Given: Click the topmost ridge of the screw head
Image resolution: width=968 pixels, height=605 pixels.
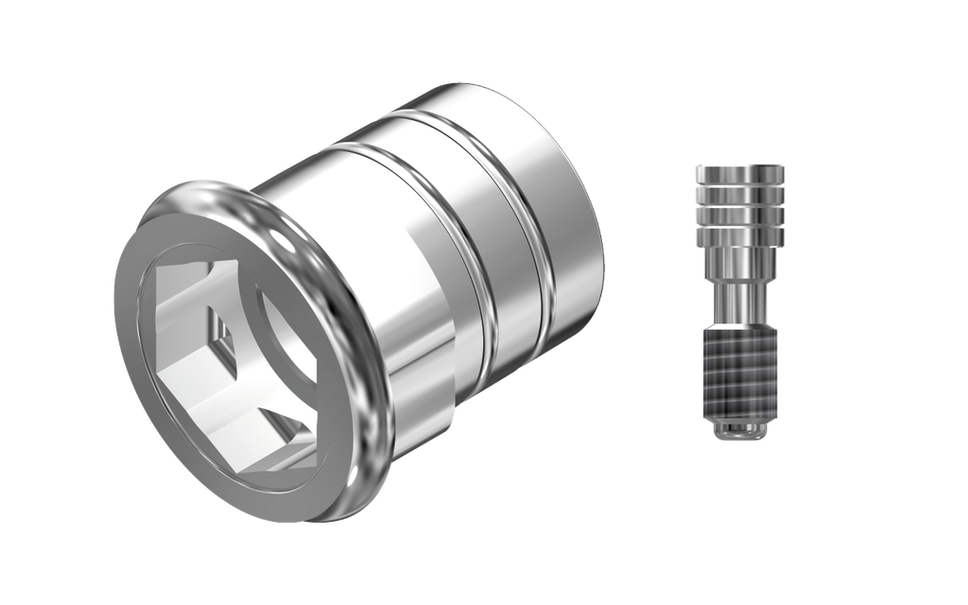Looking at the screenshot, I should pos(740,174).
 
